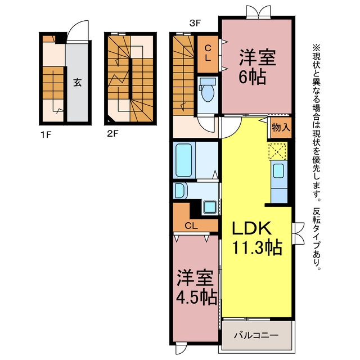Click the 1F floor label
[46, 135]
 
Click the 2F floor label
[112, 133]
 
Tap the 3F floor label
[195, 23]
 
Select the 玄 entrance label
[78, 82]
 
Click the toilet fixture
[208, 89]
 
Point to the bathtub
[183, 160]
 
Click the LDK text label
[251, 228]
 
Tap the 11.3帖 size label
[258, 247]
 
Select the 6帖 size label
[253, 77]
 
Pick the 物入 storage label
[281, 127]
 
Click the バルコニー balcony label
[256, 335]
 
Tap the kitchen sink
[279, 171]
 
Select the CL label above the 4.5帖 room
[191, 226]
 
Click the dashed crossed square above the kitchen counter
[278, 151]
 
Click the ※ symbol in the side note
[316, 48]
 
